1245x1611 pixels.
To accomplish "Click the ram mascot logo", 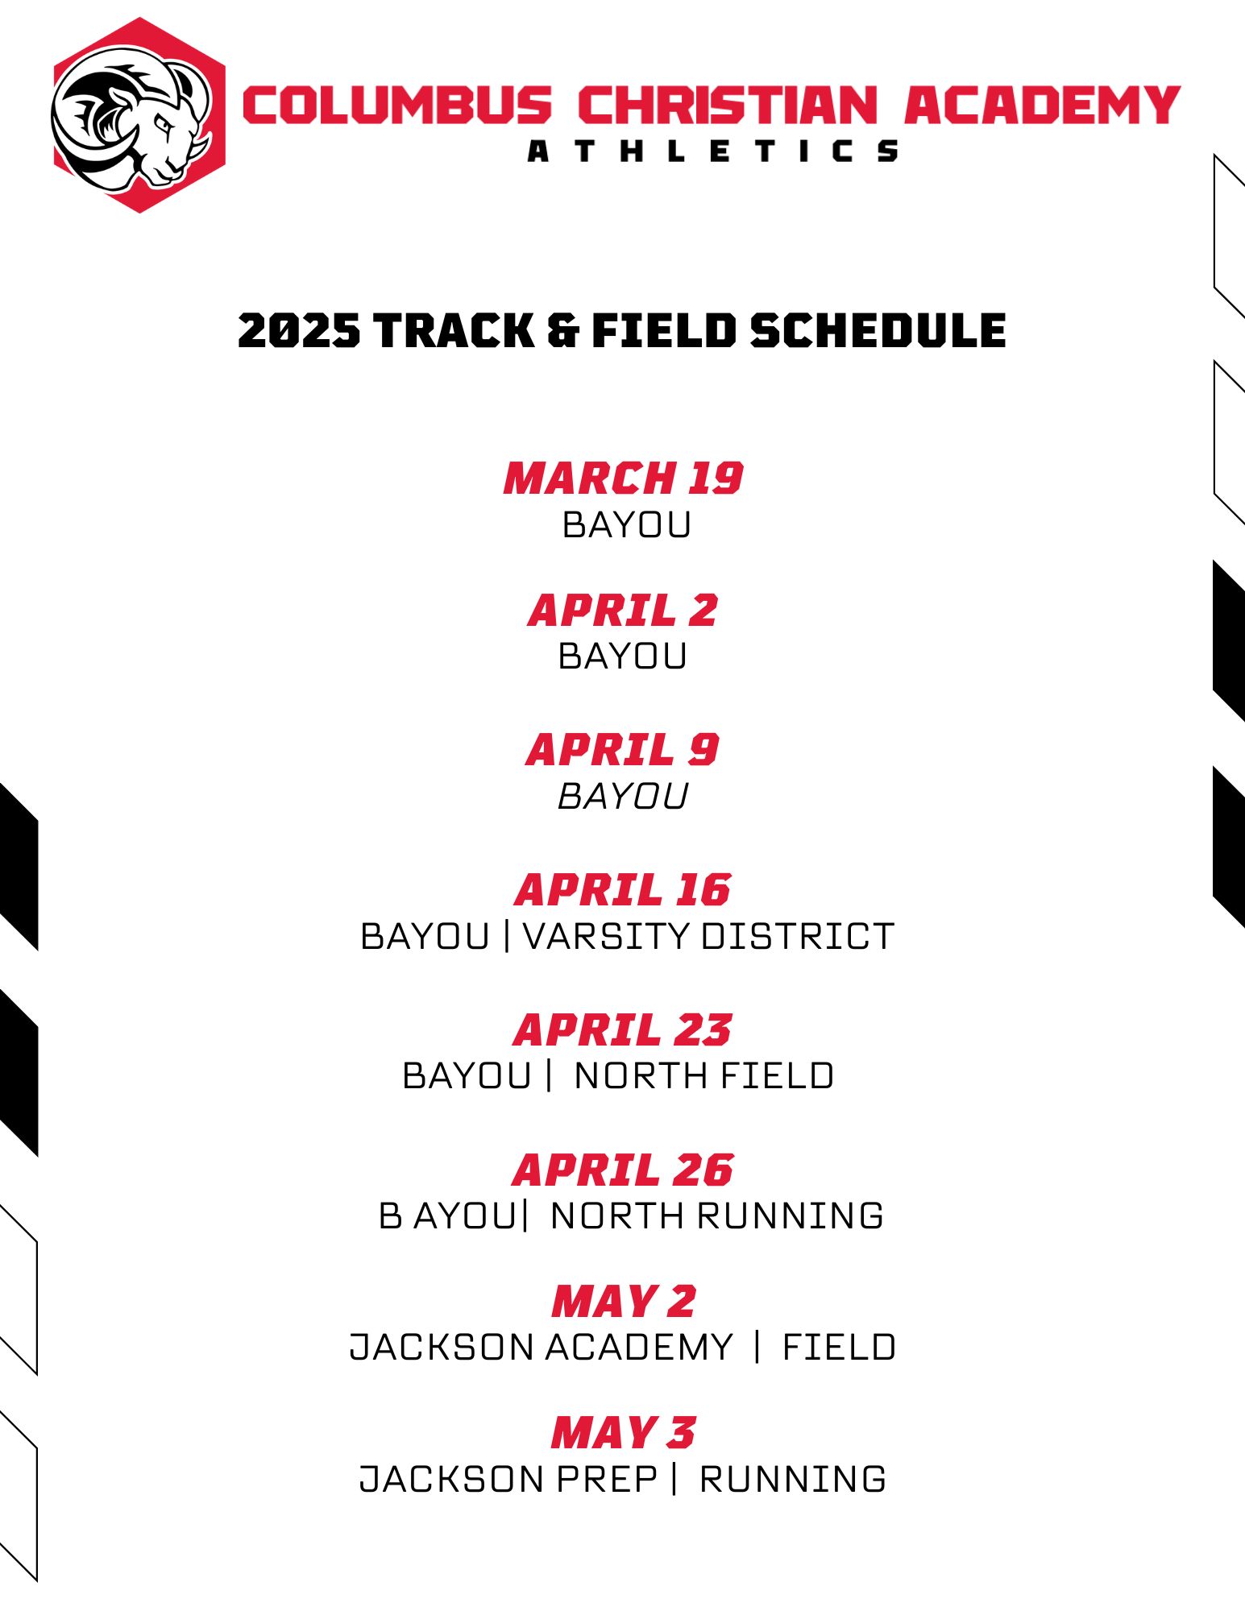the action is pyautogui.click(x=139, y=115).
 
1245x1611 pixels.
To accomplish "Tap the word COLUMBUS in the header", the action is pyautogui.click(x=397, y=106).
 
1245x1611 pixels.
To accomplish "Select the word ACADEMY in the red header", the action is pyautogui.click(x=1042, y=106).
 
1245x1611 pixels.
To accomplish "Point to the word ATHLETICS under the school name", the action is pyautogui.click(x=713, y=151).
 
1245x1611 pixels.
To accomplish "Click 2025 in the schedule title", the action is pyautogui.click(x=299, y=330).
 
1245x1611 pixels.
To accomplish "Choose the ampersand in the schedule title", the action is pyautogui.click(x=562, y=330).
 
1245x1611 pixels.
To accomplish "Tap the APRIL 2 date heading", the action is pyautogui.click(x=623, y=610).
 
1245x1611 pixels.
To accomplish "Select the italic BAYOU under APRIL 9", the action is pyautogui.click(x=623, y=797).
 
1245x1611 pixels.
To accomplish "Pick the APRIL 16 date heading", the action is pyautogui.click(x=623, y=889).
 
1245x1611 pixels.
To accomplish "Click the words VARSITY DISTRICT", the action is pyautogui.click(x=708, y=936).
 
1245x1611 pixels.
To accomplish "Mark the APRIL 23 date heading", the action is pyautogui.click(x=623, y=1029).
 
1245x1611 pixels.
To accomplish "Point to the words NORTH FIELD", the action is pyautogui.click(x=704, y=1076).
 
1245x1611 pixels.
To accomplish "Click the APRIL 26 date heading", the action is pyautogui.click(x=623, y=1170).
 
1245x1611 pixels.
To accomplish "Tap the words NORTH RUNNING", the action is pyautogui.click(x=717, y=1215).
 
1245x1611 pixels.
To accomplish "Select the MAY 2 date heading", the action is pyautogui.click(x=623, y=1301).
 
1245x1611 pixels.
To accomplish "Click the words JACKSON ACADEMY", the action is pyautogui.click(x=541, y=1347).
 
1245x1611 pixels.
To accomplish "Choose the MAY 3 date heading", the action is pyautogui.click(x=623, y=1432).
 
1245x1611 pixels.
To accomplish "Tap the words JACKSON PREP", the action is pyautogui.click(x=508, y=1479).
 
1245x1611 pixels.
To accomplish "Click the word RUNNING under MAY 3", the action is pyautogui.click(x=793, y=1479).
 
